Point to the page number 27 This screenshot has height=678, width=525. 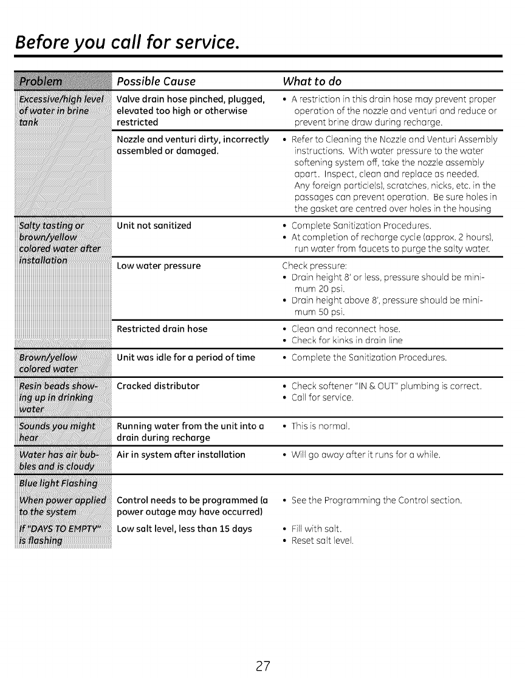click(262, 648)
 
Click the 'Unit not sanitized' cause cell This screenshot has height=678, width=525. click(154, 226)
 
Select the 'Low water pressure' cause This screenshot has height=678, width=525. click(158, 265)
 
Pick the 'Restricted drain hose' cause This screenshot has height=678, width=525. click(162, 329)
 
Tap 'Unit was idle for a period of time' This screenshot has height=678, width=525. click(185, 357)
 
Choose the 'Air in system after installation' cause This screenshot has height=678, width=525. click(180, 454)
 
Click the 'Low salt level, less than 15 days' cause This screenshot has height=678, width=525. click(184, 529)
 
